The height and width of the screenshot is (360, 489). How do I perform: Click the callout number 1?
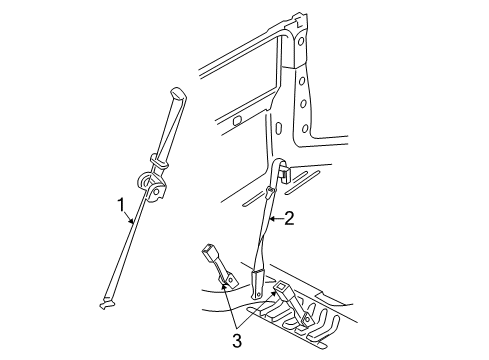[122, 205]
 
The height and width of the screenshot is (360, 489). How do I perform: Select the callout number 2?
[289, 219]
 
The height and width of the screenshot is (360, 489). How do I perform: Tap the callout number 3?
[237, 341]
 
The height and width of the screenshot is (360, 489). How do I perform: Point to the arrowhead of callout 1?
[132, 221]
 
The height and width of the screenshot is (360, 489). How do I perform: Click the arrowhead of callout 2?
[272, 219]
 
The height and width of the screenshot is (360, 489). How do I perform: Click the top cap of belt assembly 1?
[178, 93]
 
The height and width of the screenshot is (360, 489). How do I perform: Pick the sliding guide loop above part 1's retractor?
[159, 160]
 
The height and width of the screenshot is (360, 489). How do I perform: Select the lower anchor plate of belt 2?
[258, 285]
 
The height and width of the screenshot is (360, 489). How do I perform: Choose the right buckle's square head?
[283, 287]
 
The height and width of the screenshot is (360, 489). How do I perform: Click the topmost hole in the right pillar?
[301, 41]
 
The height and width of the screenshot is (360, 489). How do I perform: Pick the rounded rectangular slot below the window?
[237, 121]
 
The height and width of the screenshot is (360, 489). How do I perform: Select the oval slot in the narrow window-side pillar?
[279, 128]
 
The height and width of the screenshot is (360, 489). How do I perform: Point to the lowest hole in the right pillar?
[305, 128]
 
